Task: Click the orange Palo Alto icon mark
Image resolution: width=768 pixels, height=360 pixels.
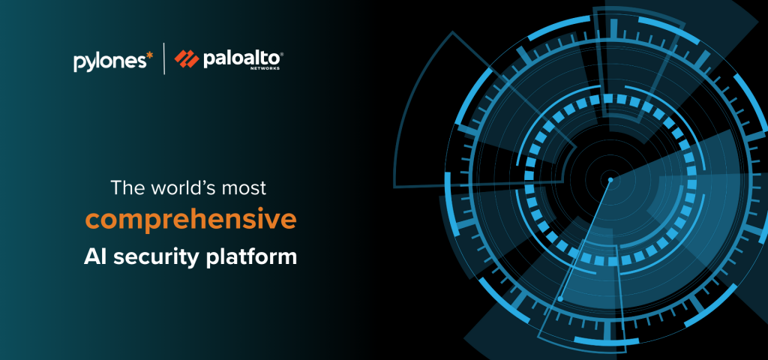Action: (187, 59)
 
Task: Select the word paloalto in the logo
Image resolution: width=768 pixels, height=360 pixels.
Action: (241, 59)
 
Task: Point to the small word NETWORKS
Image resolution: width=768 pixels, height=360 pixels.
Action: (270, 68)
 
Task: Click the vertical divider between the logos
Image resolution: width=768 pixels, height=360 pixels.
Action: (164, 58)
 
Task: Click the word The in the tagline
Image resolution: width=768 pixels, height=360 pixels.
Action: (127, 188)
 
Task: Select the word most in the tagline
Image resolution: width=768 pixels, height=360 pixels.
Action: (245, 189)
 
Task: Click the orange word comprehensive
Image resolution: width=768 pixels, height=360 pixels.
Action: (191, 221)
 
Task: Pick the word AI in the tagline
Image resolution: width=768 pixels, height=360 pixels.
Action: (93, 256)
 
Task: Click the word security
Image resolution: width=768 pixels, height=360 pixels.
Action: (154, 258)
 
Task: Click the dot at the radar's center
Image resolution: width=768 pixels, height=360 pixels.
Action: (610, 180)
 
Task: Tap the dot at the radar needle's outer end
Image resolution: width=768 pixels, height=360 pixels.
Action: (561, 298)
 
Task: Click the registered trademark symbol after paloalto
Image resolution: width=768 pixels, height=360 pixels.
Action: (281, 54)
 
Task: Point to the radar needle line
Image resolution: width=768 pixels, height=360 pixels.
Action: (586, 238)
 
